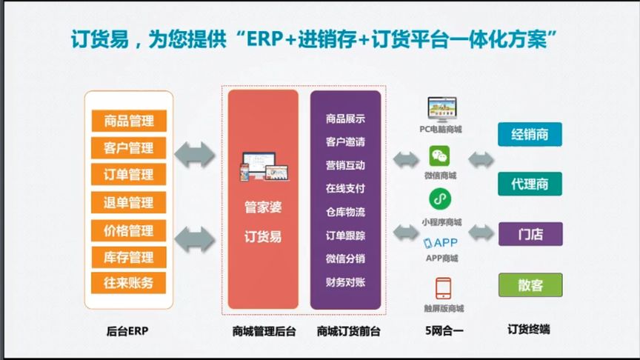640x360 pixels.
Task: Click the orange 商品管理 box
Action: click(129, 121)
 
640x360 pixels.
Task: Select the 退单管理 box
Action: click(129, 203)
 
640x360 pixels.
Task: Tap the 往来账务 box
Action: click(129, 283)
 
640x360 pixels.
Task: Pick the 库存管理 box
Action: click(129, 257)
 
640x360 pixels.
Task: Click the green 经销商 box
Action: click(530, 134)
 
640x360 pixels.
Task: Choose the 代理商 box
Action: click(530, 184)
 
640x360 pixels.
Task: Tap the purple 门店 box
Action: click(530, 234)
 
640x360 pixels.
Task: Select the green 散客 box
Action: click(530, 284)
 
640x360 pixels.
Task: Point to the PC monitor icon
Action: click(441, 108)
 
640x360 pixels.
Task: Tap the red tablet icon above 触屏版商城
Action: click(443, 288)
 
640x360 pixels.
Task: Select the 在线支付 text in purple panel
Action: click(345, 188)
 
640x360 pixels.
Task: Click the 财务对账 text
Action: click(345, 281)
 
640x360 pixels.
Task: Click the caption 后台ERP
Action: click(129, 331)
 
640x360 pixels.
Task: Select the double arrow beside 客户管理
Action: click(194, 153)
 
